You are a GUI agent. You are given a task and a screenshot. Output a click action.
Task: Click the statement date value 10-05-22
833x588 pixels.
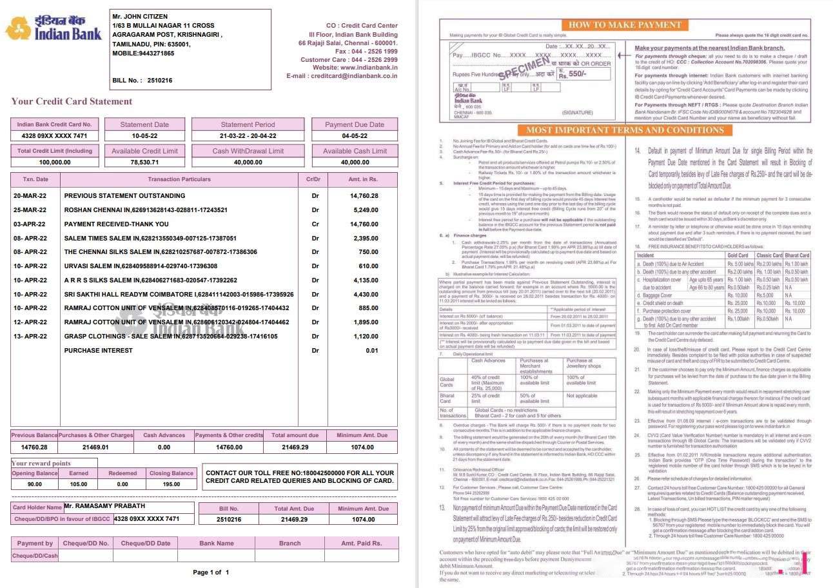tap(144, 136)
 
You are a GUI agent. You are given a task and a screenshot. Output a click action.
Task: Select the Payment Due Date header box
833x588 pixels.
tap(354, 124)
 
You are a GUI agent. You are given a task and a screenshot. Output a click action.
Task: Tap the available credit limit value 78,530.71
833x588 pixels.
tap(144, 162)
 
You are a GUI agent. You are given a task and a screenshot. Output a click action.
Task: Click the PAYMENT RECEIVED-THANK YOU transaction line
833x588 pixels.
tap(116, 224)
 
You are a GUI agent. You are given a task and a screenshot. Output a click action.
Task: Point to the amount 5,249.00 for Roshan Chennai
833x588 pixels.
tap(366, 210)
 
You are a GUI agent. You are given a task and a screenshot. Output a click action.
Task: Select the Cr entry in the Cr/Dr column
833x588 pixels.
tap(315, 224)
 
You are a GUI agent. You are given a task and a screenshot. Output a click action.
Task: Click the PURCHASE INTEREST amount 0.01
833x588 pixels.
tap(372, 351)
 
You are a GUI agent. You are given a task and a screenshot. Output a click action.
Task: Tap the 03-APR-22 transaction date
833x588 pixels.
tap(30, 224)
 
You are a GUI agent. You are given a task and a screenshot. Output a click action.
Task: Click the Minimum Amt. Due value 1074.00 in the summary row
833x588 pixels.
tap(362, 447)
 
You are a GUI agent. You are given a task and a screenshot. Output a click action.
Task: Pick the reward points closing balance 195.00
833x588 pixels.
tap(171, 484)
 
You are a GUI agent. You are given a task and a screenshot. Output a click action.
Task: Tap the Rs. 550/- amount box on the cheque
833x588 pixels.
tap(584, 74)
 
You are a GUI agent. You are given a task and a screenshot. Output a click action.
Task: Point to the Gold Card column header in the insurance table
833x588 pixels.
tap(737, 255)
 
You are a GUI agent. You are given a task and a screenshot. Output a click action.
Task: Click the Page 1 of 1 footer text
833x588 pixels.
tap(211, 573)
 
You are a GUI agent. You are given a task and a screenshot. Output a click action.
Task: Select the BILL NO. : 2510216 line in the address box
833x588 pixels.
tap(142, 81)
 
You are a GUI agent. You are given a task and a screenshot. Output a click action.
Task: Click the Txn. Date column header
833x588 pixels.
tap(35, 179)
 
